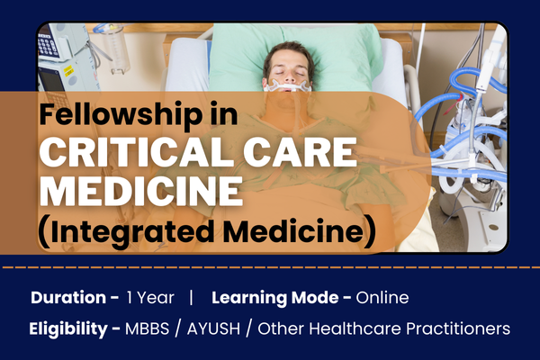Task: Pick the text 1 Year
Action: [147, 297]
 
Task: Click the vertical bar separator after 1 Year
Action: [191, 297]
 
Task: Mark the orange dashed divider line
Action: [270, 267]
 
